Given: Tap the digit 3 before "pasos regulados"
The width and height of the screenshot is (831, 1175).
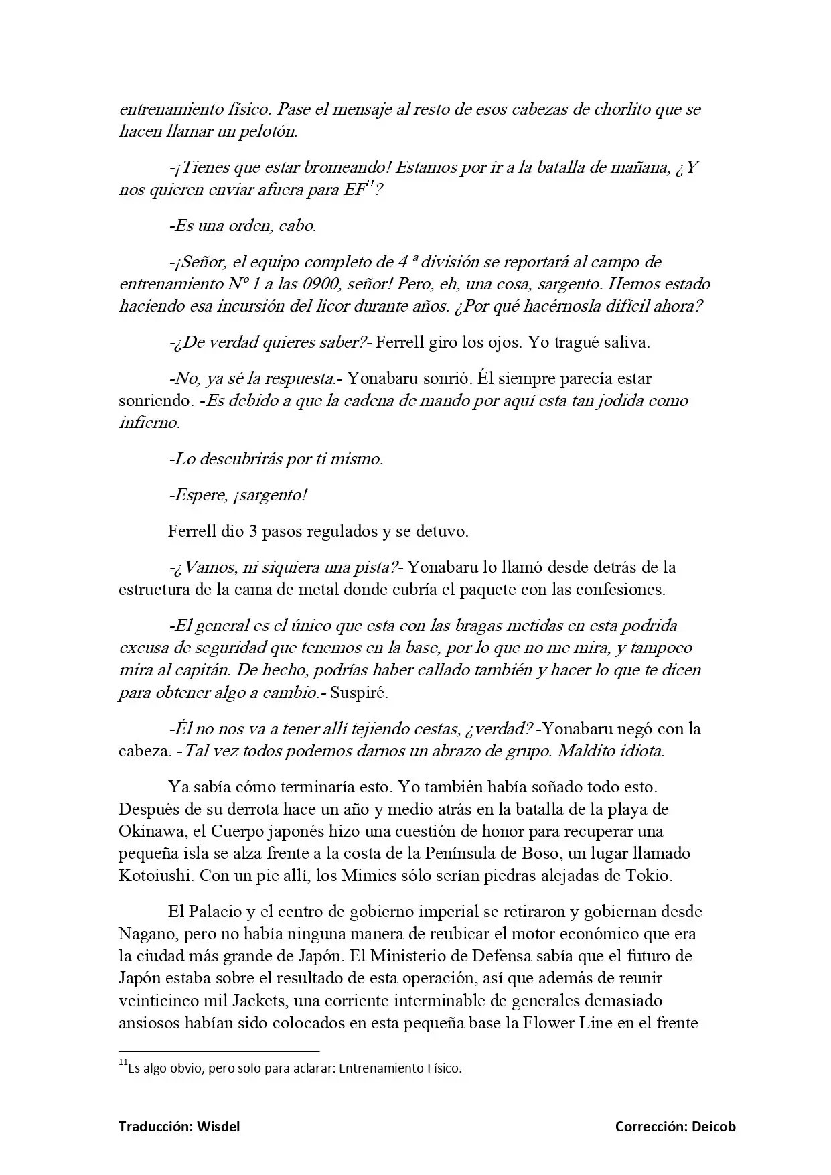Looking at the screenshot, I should [253, 532].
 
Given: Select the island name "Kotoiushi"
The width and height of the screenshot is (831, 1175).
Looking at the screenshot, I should [156, 876].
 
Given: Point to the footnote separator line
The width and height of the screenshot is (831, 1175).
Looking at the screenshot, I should [219, 1052].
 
